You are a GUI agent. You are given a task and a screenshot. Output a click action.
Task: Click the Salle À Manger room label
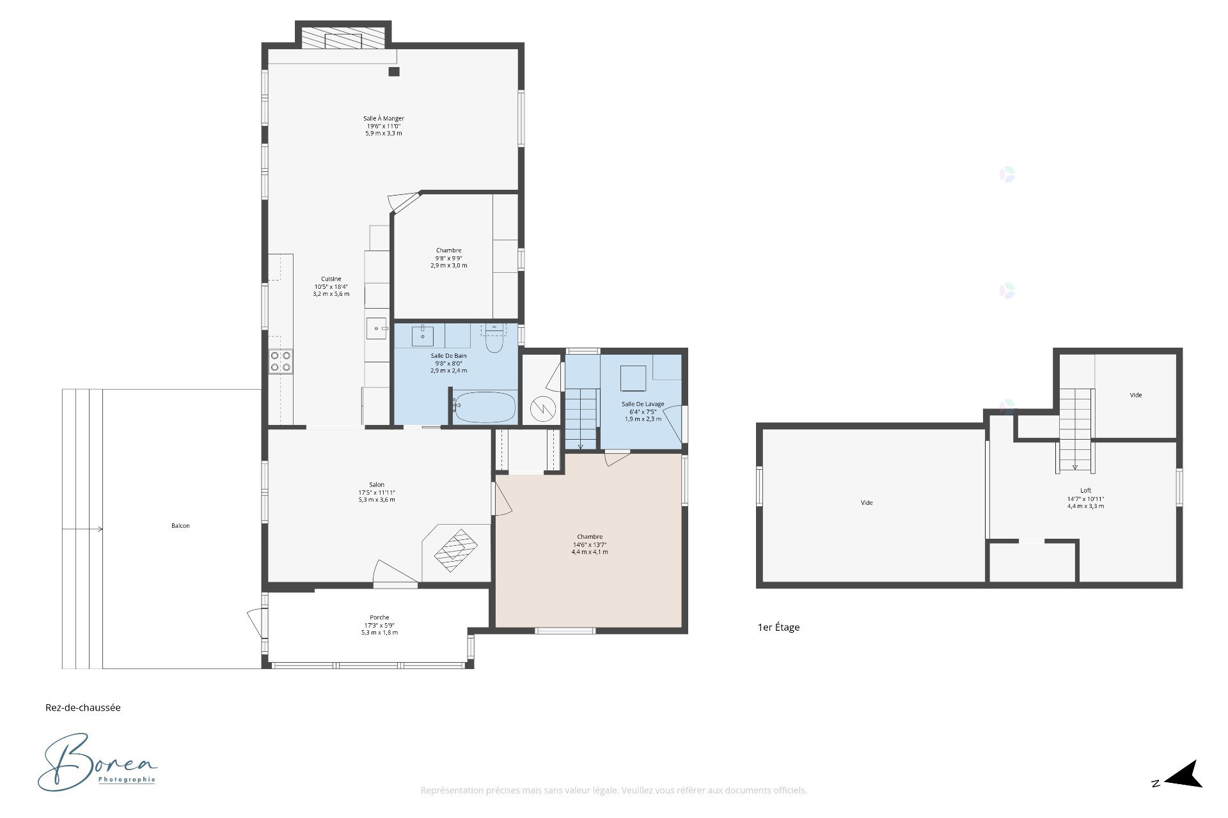(x=384, y=118)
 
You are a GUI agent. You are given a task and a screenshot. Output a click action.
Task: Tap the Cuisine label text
(x=331, y=279)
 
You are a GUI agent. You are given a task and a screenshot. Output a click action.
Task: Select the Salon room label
(x=377, y=484)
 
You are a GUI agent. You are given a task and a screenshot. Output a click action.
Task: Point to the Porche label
(x=379, y=617)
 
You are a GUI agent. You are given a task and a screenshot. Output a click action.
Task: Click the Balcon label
(x=180, y=525)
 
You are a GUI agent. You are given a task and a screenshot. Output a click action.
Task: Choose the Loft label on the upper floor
(x=1085, y=491)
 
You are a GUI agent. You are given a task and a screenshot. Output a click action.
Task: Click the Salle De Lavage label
(x=643, y=404)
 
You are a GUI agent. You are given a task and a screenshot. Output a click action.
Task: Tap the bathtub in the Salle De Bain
(x=484, y=407)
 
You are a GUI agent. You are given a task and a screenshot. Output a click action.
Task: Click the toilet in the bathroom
(x=494, y=339)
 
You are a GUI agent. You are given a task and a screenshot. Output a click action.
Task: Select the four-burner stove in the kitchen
(x=281, y=361)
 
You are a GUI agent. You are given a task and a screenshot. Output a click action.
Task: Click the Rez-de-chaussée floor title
(x=83, y=707)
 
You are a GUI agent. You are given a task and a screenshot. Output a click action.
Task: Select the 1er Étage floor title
(x=778, y=627)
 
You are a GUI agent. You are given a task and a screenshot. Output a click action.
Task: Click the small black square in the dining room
(x=394, y=72)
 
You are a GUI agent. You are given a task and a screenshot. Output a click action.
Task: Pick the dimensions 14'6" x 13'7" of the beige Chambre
(x=590, y=544)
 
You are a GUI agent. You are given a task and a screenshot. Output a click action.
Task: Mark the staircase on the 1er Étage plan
(x=1075, y=429)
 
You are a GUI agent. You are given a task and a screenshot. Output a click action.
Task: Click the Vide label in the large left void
(x=867, y=502)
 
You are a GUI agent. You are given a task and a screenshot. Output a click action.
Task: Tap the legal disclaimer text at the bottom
(x=613, y=791)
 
